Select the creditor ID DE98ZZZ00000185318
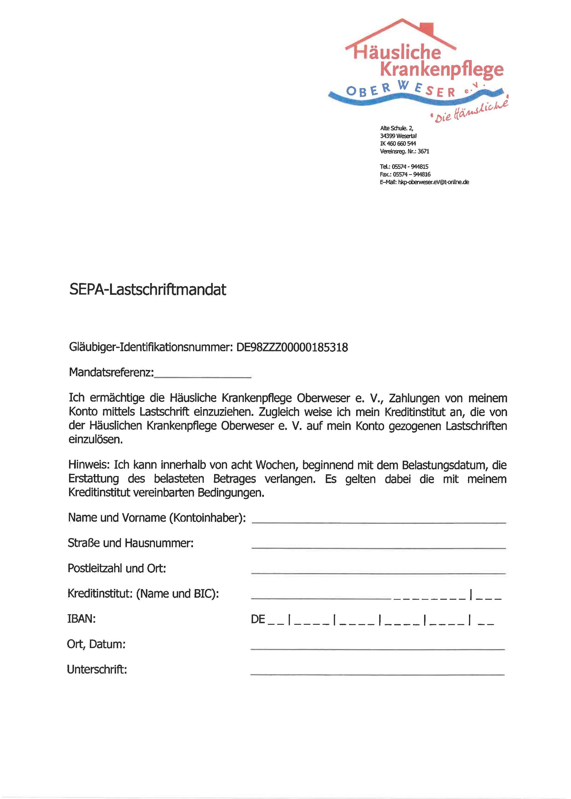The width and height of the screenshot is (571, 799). click(x=292, y=347)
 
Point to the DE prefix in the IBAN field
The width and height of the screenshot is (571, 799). click(x=258, y=619)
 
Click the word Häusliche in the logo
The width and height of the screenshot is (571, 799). click(x=397, y=52)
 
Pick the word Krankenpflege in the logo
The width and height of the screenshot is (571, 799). click(x=442, y=70)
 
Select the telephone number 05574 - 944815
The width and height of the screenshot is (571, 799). click(x=410, y=166)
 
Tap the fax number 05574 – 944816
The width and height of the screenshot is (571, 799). click(x=411, y=174)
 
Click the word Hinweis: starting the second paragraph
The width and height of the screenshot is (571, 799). click(x=89, y=465)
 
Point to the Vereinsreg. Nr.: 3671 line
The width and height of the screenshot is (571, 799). click(x=404, y=151)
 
